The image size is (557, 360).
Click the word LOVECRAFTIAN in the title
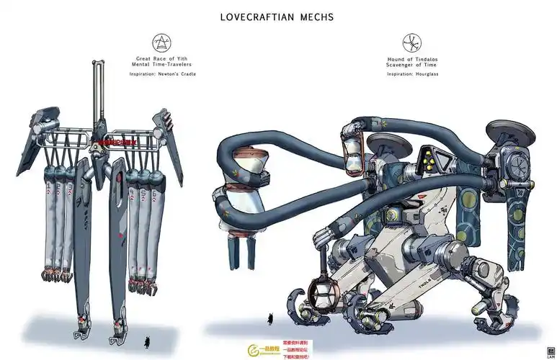tap(257, 17)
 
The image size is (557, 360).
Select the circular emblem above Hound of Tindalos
tap(411, 42)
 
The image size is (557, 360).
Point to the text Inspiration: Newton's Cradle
tap(162, 74)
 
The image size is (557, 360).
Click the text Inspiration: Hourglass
tap(412, 73)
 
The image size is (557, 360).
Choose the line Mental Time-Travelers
tap(162, 64)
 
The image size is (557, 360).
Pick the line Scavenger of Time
tap(412, 64)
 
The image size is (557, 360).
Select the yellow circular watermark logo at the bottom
tap(255, 351)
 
